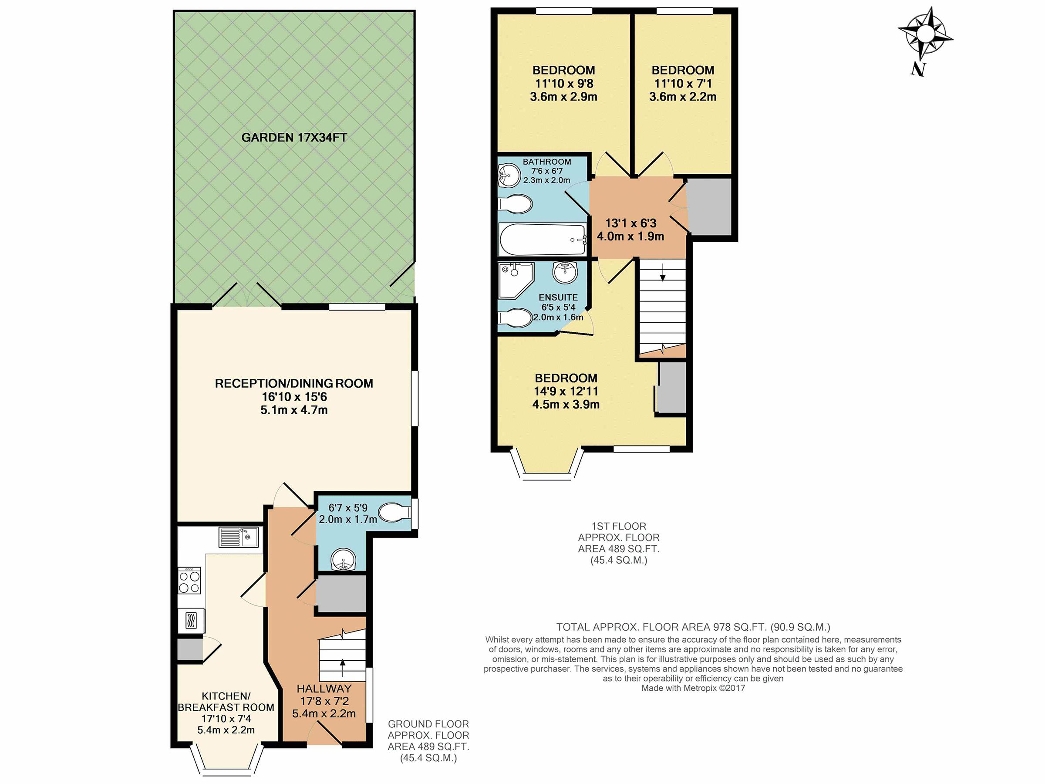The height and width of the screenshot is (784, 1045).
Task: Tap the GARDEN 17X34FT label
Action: click(x=294, y=138)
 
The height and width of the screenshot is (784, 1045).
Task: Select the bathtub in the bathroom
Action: click(x=543, y=240)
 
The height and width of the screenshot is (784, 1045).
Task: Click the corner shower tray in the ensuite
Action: click(x=516, y=280)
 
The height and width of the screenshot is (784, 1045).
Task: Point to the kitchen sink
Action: click(x=238, y=537)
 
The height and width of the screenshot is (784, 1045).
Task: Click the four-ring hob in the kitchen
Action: click(x=189, y=581)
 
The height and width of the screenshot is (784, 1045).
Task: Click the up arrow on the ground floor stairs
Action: click(x=343, y=669)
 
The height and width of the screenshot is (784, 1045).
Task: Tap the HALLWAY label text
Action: click(x=324, y=689)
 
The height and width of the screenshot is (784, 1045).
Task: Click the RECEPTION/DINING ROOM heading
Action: click(x=294, y=383)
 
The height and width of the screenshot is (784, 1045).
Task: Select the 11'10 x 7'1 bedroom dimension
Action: click(x=683, y=84)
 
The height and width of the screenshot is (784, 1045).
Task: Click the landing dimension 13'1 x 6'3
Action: click(x=630, y=223)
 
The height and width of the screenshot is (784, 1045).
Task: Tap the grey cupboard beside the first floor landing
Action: click(x=709, y=206)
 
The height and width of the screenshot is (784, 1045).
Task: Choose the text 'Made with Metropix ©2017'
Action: click(x=693, y=688)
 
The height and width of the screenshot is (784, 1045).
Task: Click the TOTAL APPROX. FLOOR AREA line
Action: click(x=693, y=627)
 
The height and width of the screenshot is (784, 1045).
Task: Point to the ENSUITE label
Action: click(x=558, y=297)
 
